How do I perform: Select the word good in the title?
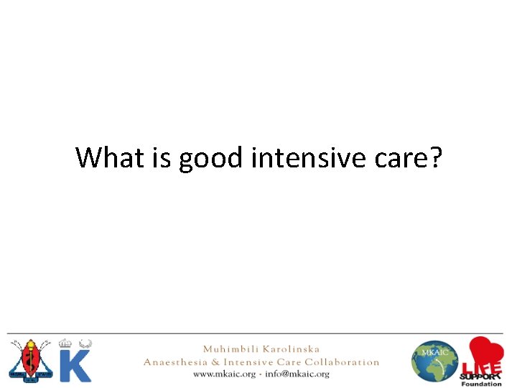(211, 158)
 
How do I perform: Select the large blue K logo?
(75, 364)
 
